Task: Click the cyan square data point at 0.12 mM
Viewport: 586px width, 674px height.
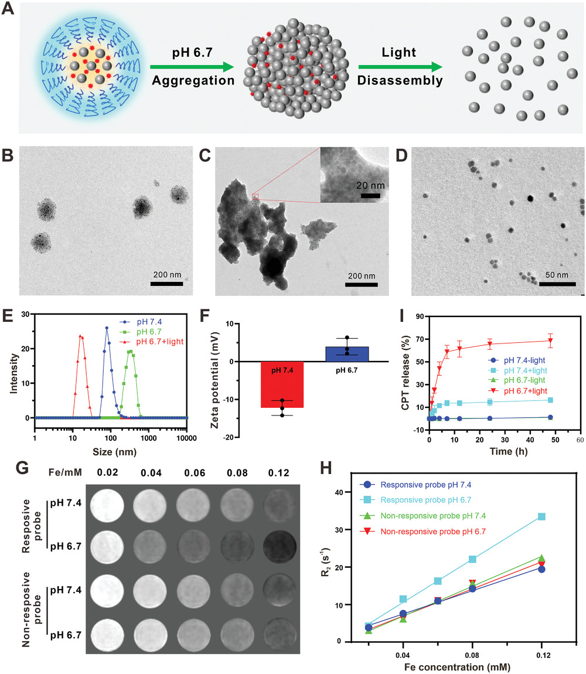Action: [541, 501]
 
